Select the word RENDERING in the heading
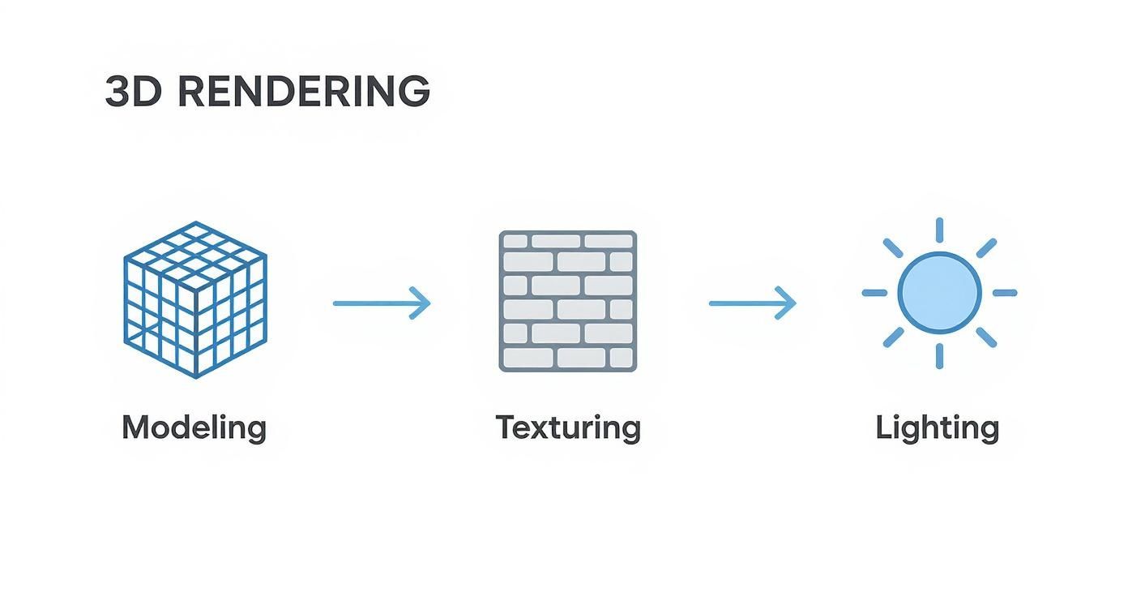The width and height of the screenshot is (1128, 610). click(x=303, y=91)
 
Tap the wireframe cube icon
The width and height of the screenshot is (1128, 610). click(x=195, y=299)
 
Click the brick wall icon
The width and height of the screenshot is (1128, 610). click(x=567, y=301)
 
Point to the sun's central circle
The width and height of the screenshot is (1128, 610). click(x=939, y=292)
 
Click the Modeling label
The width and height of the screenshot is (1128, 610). click(x=194, y=427)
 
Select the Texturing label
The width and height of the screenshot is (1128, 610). click(x=568, y=427)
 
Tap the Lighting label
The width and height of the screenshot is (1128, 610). click(x=937, y=427)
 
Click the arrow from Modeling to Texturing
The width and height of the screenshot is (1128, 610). click(x=381, y=303)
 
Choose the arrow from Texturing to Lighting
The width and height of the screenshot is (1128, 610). click(x=752, y=303)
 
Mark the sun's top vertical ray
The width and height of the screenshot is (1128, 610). click(x=939, y=230)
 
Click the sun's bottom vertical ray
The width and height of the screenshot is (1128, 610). click(x=939, y=355)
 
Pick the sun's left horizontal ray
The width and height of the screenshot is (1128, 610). click(x=875, y=293)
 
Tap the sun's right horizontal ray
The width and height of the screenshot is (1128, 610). click(x=1004, y=293)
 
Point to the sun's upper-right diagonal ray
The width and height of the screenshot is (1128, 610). click(x=985, y=247)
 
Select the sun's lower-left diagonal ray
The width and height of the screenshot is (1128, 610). click(x=893, y=337)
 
